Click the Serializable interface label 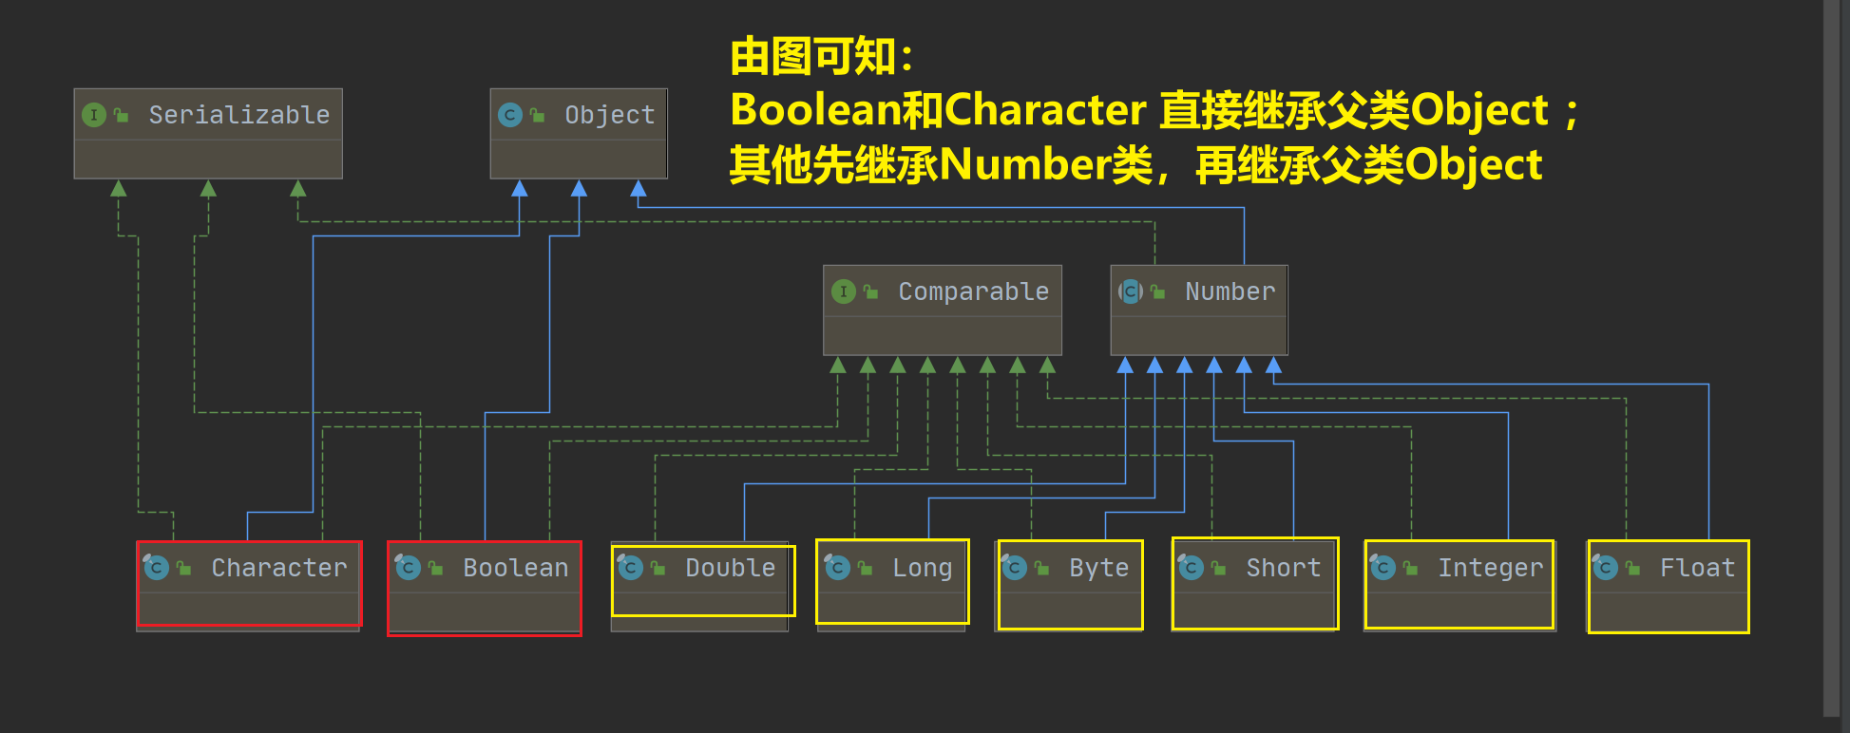(238, 115)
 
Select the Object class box (578, 134)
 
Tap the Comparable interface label (973, 291)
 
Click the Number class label (1230, 291)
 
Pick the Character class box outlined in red (249, 584)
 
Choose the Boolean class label (515, 568)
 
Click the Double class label (730, 568)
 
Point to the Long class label (922, 568)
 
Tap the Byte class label (1098, 568)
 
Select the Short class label (1283, 568)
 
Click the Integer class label (1490, 568)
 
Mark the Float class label (1697, 568)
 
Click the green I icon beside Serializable (94, 115)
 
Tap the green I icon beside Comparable (844, 291)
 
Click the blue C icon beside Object (510, 115)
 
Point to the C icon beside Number (1130, 291)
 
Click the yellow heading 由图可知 (821, 57)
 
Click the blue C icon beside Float (1605, 568)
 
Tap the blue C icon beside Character (157, 568)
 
